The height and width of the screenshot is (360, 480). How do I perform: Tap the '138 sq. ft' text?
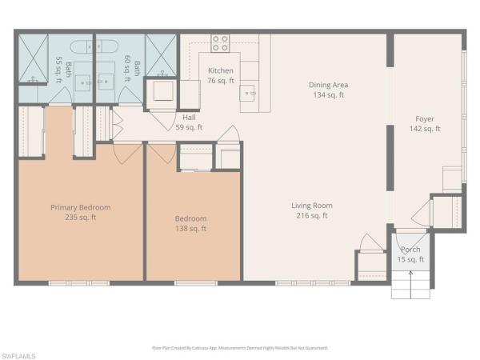(x=190, y=229)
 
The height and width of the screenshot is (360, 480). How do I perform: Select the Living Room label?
(x=311, y=206)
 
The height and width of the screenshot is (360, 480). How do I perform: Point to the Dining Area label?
(x=329, y=85)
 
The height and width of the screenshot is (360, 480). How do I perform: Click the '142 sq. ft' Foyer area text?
(x=425, y=128)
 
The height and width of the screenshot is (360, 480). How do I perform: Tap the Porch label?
(x=410, y=250)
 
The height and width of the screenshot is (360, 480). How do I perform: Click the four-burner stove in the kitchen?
(x=220, y=42)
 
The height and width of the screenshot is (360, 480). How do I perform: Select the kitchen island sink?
(x=250, y=92)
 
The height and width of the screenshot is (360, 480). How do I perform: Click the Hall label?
(x=189, y=117)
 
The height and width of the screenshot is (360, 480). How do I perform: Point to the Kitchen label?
(x=220, y=70)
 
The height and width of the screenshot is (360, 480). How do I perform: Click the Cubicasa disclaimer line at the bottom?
(x=240, y=348)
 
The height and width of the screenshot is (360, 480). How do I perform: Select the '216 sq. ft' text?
(x=311, y=215)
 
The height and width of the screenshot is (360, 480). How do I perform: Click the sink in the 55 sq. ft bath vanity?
(x=34, y=80)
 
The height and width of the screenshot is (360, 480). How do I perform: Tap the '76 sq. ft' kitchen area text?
(x=220, y=80)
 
